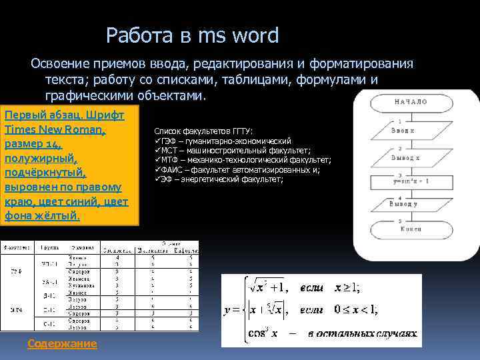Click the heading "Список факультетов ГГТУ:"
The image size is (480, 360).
pyautogui.click(x=209, y=131)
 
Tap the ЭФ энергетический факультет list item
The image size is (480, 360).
pyautogui.click(x=219, y=179)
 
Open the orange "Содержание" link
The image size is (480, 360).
pyautogui.click(x=62, y=343)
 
